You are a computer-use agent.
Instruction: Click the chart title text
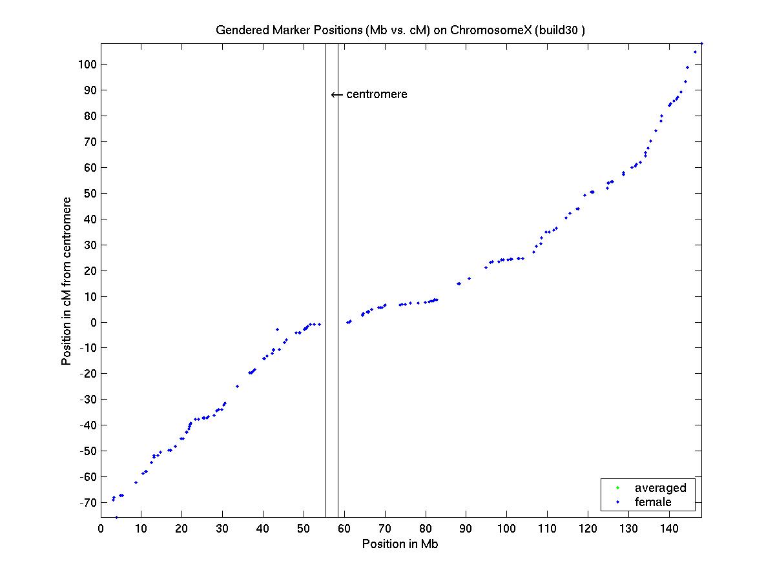point(400,30)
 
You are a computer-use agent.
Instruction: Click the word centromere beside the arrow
point(377,94)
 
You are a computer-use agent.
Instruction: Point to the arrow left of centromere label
point(336,95)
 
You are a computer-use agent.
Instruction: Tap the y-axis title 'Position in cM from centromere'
point(67,281)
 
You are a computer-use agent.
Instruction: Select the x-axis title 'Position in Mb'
point(400,544)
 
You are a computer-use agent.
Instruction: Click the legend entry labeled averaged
point(660,487)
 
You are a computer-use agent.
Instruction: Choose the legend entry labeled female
point(653,502)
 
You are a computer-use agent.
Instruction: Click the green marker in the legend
point(617,487)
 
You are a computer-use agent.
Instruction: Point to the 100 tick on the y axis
point(88,65)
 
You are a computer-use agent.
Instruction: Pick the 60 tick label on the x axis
point(344,529)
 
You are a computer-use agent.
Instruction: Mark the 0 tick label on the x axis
point(101,529)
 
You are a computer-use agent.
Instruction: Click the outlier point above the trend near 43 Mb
point(277,329)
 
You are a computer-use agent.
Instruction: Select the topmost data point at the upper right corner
point(701,43)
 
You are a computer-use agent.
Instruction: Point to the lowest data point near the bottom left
point(116,516)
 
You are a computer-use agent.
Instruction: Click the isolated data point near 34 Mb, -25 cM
point(237,386)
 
